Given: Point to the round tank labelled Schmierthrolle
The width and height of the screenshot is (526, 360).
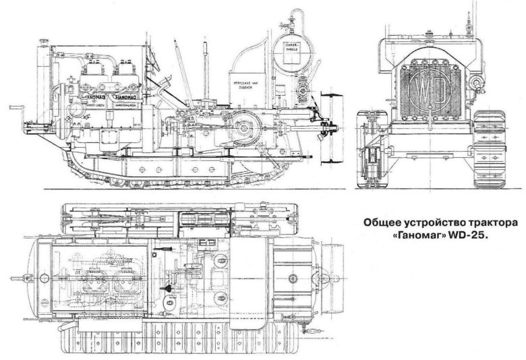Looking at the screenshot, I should (x=292, y=47).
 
